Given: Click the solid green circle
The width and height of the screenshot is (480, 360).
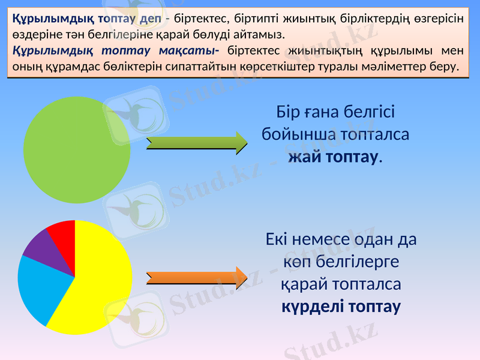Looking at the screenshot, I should pos(77,149).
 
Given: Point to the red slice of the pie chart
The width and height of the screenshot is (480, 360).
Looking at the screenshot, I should pos(63,231).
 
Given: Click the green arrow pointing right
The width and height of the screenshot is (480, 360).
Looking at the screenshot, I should pos(197,142).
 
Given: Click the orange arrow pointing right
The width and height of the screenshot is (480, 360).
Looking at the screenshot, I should pos(197,277).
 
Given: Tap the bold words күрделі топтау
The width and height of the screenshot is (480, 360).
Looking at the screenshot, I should pos(341,307).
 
